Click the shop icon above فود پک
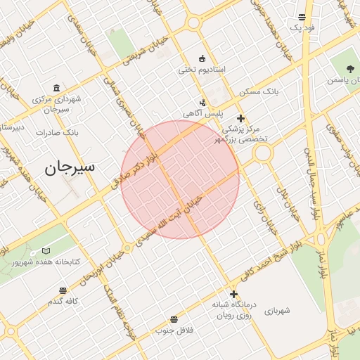coord(302,17)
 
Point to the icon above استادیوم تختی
coord(202,58)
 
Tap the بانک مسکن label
coord(258,92)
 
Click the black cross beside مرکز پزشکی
coord(240,118)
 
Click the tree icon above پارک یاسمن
coord(351,69)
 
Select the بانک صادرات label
coord(56,132)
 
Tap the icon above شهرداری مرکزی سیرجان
coord(56,89)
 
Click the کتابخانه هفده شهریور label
coord(45,262)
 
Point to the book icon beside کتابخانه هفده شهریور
coord(46,251)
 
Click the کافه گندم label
coord(62,301)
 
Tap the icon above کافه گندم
coord(63,290)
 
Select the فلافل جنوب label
coord(174,329)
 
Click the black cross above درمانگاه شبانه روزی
coord(233,294)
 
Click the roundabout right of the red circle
coord(263,153)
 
